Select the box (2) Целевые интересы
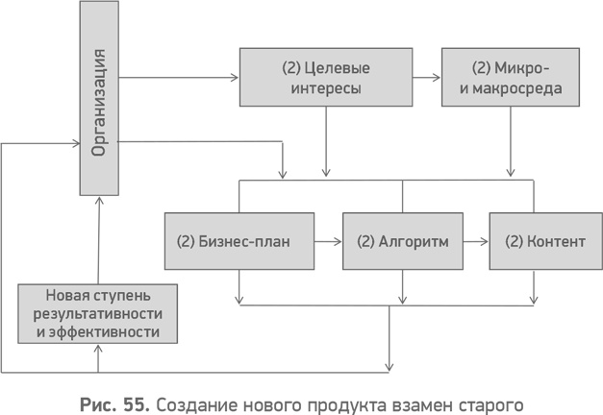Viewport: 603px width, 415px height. [326, 77]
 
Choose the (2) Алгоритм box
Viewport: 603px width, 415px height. [402, 240]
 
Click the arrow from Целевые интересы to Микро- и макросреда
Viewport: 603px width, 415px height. [427, 77]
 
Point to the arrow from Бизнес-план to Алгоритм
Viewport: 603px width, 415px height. [329, 240]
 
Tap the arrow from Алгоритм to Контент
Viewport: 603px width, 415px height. [475, 240]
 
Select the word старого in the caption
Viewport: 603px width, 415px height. [489, 396]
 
